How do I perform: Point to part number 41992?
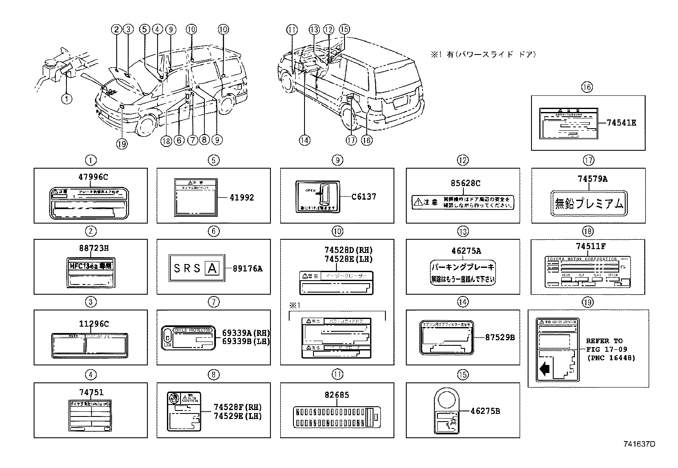click(241, 198)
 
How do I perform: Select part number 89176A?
click(247, 269)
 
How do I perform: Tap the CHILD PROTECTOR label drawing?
click(188, 338)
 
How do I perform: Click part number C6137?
click(364, 197)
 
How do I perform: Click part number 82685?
click(336, 395)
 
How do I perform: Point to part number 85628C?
click(465, 184)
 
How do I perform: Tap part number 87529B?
click(500, 337)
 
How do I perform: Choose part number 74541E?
click(621, 123)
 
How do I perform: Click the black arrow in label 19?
click(545, 369)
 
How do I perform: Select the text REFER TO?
click(604, 341)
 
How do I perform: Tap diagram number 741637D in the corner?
click(639, 444)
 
